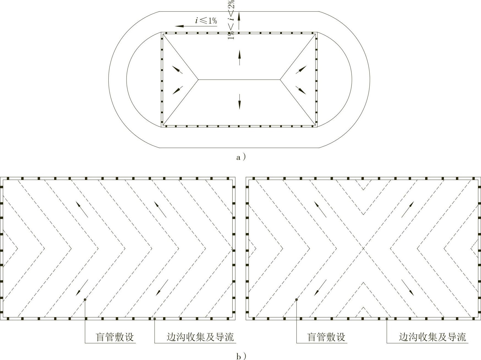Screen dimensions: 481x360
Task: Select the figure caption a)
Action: tap(241, 157)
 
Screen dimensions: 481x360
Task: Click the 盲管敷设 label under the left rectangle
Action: tap(115, 337)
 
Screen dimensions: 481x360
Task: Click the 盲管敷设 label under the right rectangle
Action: tap(326, 337)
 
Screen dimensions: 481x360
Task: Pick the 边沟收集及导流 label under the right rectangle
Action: tap(432, 337)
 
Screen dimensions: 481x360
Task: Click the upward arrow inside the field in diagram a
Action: tap(239, 57)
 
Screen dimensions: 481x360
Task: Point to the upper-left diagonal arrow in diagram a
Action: tap(177, 69)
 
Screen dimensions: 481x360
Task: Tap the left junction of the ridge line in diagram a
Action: tap(198, 80)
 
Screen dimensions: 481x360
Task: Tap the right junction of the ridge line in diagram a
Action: tap(280, 80)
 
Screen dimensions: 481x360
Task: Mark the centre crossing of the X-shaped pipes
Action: tap(363, 249)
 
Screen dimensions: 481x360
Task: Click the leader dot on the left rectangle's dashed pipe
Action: tap(85, 299)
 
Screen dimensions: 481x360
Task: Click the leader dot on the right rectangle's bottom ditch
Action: tap(387, 319)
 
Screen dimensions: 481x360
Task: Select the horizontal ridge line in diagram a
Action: tap(239, 80)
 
